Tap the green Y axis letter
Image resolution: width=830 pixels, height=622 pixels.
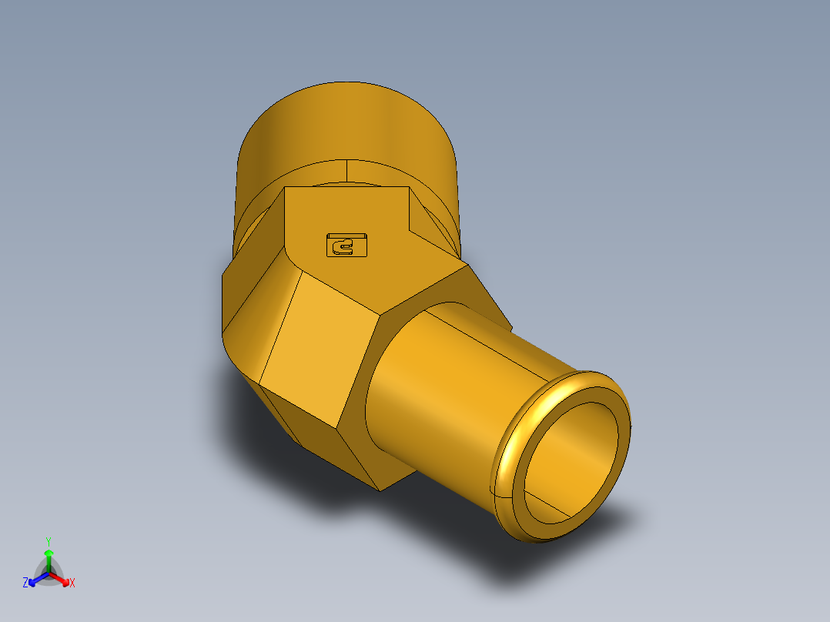pyautogui.click(x=48, y=540)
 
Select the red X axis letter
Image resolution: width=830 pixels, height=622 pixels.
pyautogui.click(x=72, y=584)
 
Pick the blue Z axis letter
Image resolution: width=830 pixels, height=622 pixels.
pyautogui.click(x=25, y=584)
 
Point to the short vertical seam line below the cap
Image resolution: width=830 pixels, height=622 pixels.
pyautogui.click(x=347, y=171)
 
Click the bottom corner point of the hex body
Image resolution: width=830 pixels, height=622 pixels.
pyautogui.click(x=380, y=490)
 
